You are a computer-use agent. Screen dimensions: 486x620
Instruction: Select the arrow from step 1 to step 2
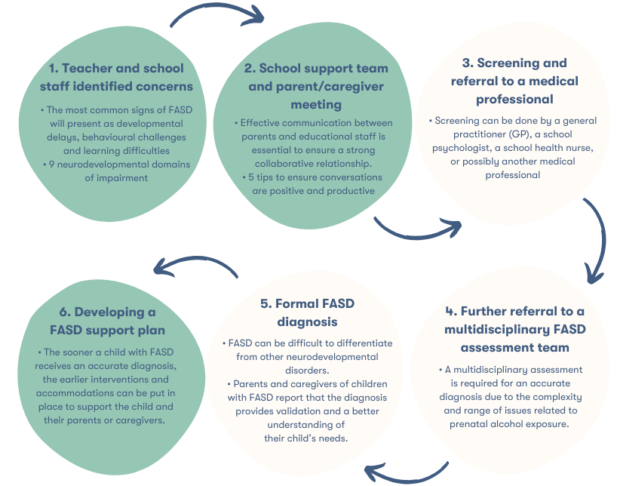[x=217, y=13]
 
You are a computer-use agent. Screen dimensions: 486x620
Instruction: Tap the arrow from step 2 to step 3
[x=416, y=227]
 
